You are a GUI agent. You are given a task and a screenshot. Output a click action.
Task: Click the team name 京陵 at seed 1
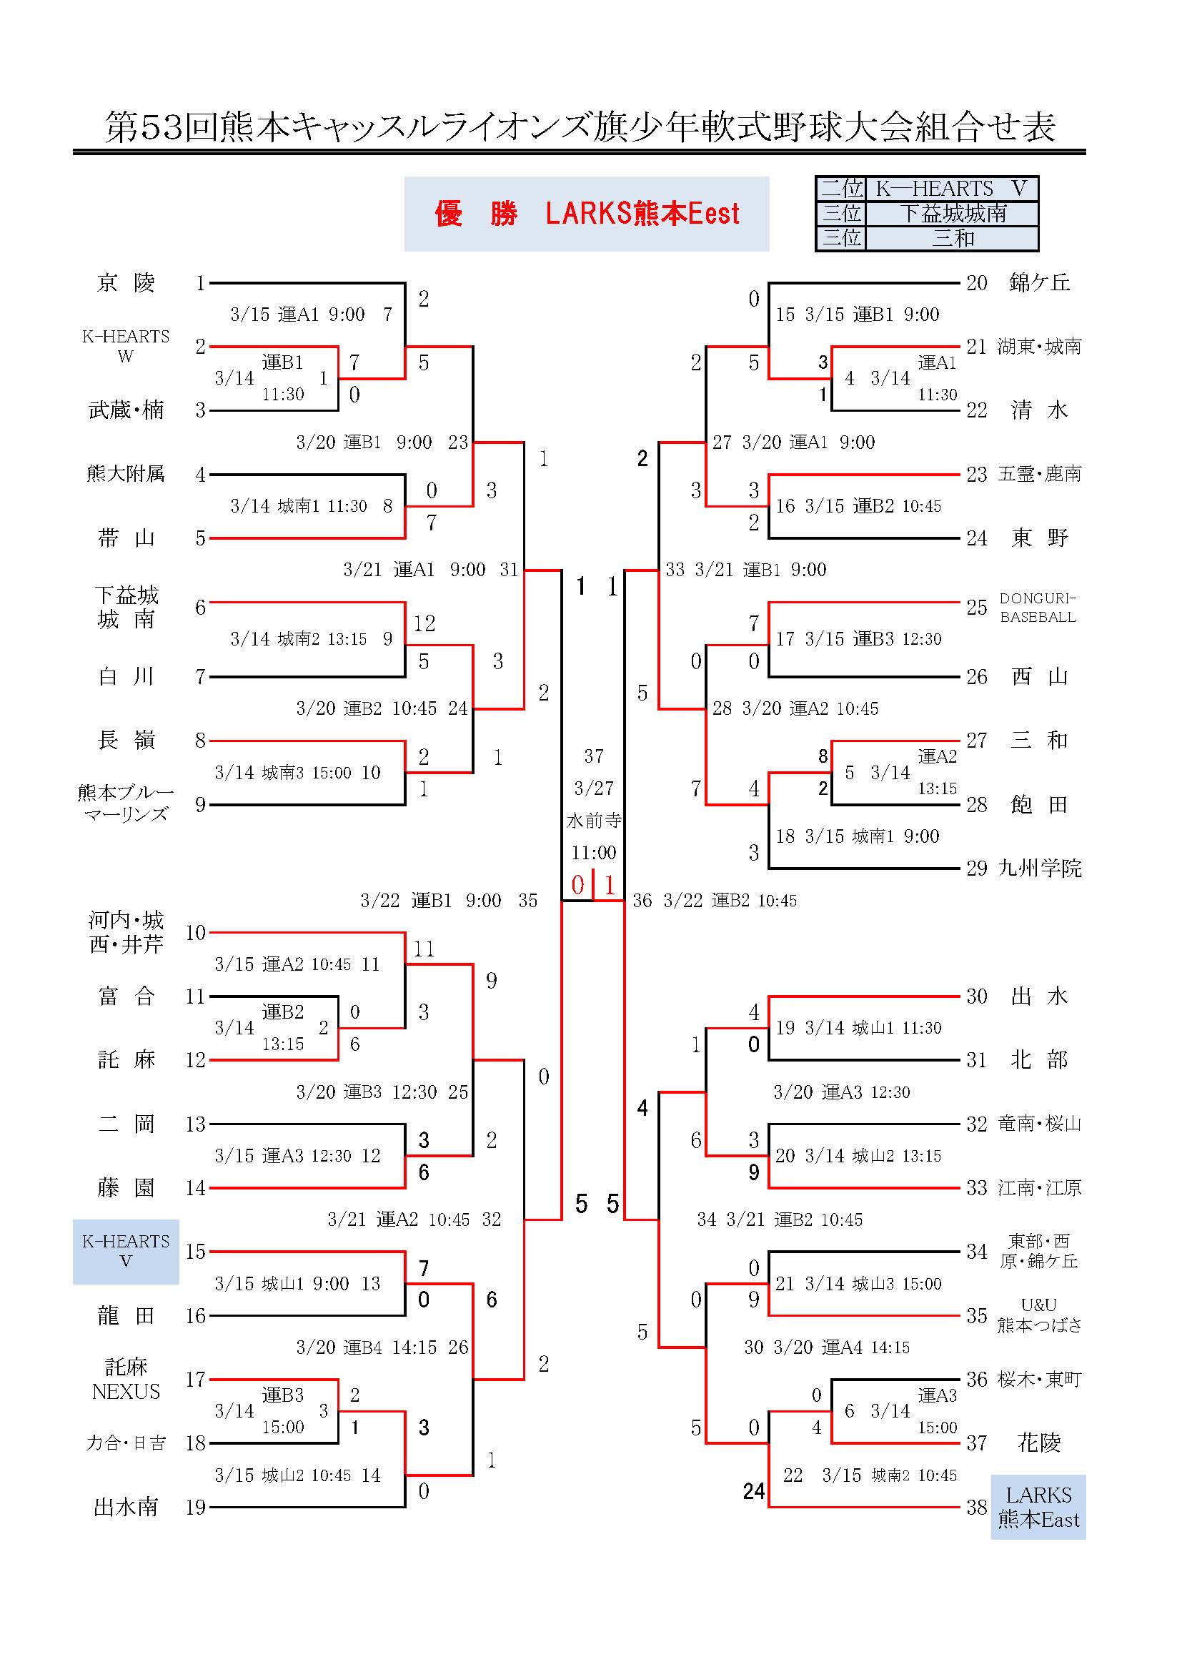click(x=126, y=282)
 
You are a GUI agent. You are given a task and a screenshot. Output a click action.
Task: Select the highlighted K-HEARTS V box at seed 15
click(x=126, y=1251)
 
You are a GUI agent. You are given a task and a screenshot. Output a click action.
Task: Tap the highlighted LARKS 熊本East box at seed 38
click(x=1038, y=1507)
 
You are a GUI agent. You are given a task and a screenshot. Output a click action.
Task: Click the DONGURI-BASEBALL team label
click(x=1037, y=608)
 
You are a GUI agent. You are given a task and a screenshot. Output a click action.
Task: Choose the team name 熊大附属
click(x=126, y=474)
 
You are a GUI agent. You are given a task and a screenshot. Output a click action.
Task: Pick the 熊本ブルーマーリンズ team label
click(x=126, y=803)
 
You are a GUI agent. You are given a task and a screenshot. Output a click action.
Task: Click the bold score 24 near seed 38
click(x=754, y=1490)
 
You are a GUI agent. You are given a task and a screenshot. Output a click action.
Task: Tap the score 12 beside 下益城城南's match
click(x=424, y=623)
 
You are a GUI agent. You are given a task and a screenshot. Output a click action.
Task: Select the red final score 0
click(x=578, y=885)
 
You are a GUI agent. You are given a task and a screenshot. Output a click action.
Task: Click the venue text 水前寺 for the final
click(x=594, y=821)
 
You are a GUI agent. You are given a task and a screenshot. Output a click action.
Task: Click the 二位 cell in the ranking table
click(x=841, y=189)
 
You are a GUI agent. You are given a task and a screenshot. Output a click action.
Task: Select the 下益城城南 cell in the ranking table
click(x=953, y=213)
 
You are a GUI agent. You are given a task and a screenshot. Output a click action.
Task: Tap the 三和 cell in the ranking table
click(x=953, y=238)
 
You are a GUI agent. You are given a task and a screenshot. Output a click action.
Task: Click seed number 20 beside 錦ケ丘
click(x=977, y=282)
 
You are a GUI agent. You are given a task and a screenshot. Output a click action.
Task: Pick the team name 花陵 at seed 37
click(x=1038, y=1443)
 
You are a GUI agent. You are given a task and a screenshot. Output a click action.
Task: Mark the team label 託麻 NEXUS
click(x=126, y=1378)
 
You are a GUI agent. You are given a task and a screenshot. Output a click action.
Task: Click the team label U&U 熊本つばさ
click(x=1038, y=1315)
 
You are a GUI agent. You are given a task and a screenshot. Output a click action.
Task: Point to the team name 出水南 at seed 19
click(x=126, y=1507)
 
